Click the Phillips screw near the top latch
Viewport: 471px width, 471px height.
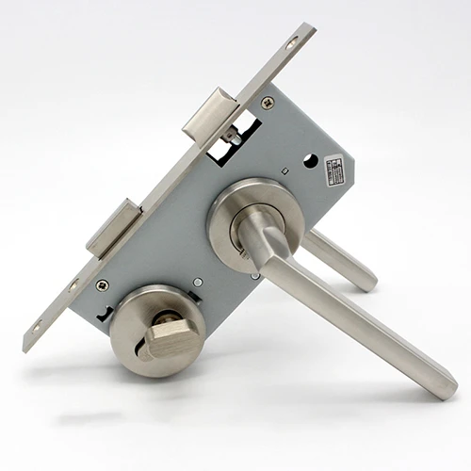[268, 103]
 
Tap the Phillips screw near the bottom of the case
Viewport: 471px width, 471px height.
[102, 284]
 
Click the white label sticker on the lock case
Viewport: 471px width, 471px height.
[333, 170]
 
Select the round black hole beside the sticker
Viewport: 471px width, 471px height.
[310, 161]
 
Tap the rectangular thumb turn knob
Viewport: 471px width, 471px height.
[170, 334]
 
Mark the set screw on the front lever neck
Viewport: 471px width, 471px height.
[247, 252]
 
